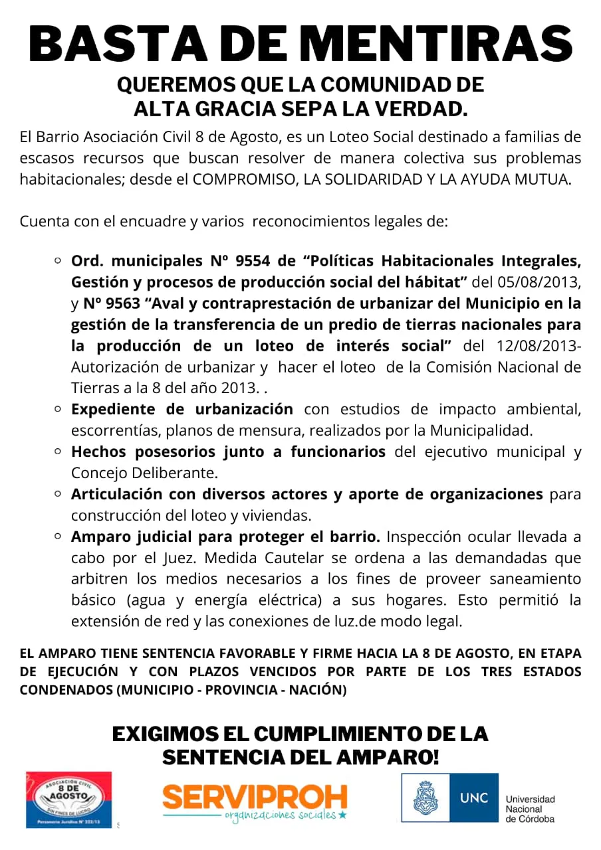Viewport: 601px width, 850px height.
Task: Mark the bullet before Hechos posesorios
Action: point(58,452)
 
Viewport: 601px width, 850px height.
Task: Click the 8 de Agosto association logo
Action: point(69,799)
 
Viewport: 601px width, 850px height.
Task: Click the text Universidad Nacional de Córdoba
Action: point(530,809)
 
